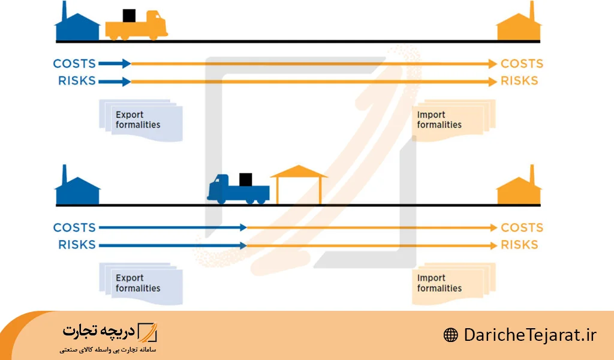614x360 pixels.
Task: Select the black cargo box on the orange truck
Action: point(130,16)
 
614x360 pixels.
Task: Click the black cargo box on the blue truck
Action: point(245,180)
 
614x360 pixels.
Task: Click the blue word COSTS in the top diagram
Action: point(74,64)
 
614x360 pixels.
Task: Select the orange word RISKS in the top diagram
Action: point(520,80)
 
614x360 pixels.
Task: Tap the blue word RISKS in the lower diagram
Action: point(77,245)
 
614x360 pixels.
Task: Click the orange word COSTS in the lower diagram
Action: point(522,227)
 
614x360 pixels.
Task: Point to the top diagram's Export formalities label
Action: point(138,119)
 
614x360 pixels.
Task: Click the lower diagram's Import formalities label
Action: point(440,283)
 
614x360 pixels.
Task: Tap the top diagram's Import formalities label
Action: point(440,119)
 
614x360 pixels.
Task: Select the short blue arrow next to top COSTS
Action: point(115,64)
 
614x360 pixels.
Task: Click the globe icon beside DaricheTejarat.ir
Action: point(451,335)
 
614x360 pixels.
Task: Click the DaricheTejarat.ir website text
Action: point(530,335)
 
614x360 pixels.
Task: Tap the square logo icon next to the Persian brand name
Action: point(148,332)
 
